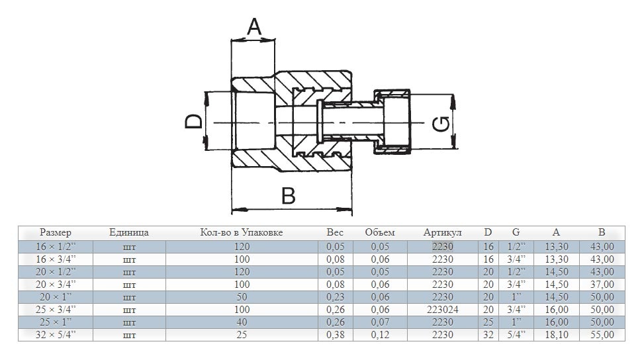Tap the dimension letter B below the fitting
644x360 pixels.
(288, 197)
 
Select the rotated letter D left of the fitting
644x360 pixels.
(193, 122)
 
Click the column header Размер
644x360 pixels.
(56, 233)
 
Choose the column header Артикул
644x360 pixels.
(442, 233)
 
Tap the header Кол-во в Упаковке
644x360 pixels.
(242, 233)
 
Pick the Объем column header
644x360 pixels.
(380, 233)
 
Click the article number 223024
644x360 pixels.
(442, 310)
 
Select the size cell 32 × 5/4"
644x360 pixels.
(56, 335)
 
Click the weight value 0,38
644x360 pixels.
(336, 335)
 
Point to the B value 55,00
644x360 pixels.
(602, 335)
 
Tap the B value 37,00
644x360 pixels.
(602, 285)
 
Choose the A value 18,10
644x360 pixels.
(556, 335)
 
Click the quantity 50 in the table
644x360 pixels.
(242, 297)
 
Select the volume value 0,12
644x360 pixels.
(380, 335)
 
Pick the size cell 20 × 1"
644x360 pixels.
(56, 297)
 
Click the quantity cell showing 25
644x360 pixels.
(242, 335)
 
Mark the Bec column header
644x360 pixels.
(336, 233)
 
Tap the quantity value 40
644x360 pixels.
(242, 322)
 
